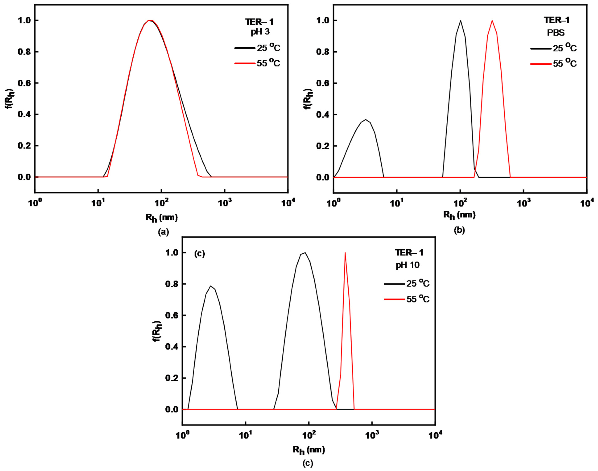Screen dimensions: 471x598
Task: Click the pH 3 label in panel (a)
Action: (x=260, y=32)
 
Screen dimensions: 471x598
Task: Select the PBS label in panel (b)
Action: (x=556, y=33)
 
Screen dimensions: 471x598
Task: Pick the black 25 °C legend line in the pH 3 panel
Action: (x=245, y=48)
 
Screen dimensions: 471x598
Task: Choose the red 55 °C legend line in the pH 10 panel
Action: (x=394, y=299)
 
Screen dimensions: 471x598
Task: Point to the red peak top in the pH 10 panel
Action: (x=345, y=253)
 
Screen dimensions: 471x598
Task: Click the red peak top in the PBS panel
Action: (x=492, y=20)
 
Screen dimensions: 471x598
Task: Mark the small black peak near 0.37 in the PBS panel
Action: (x=365, y=120)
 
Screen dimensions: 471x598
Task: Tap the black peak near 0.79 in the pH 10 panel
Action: (x=210, y=286)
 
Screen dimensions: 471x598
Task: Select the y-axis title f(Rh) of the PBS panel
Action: (x=308, y=99)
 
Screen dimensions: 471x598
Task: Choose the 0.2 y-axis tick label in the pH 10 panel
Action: (x=172, y=378)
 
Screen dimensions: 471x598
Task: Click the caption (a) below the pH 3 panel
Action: (x=163, y=232)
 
